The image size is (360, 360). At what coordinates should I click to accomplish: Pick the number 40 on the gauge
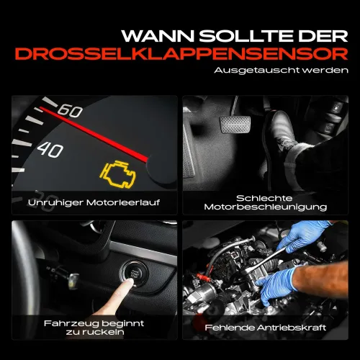click(50, 150)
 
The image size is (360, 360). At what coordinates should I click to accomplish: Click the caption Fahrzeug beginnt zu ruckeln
click(94, 328)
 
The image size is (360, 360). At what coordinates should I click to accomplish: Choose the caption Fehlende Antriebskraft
click(266, 328)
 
